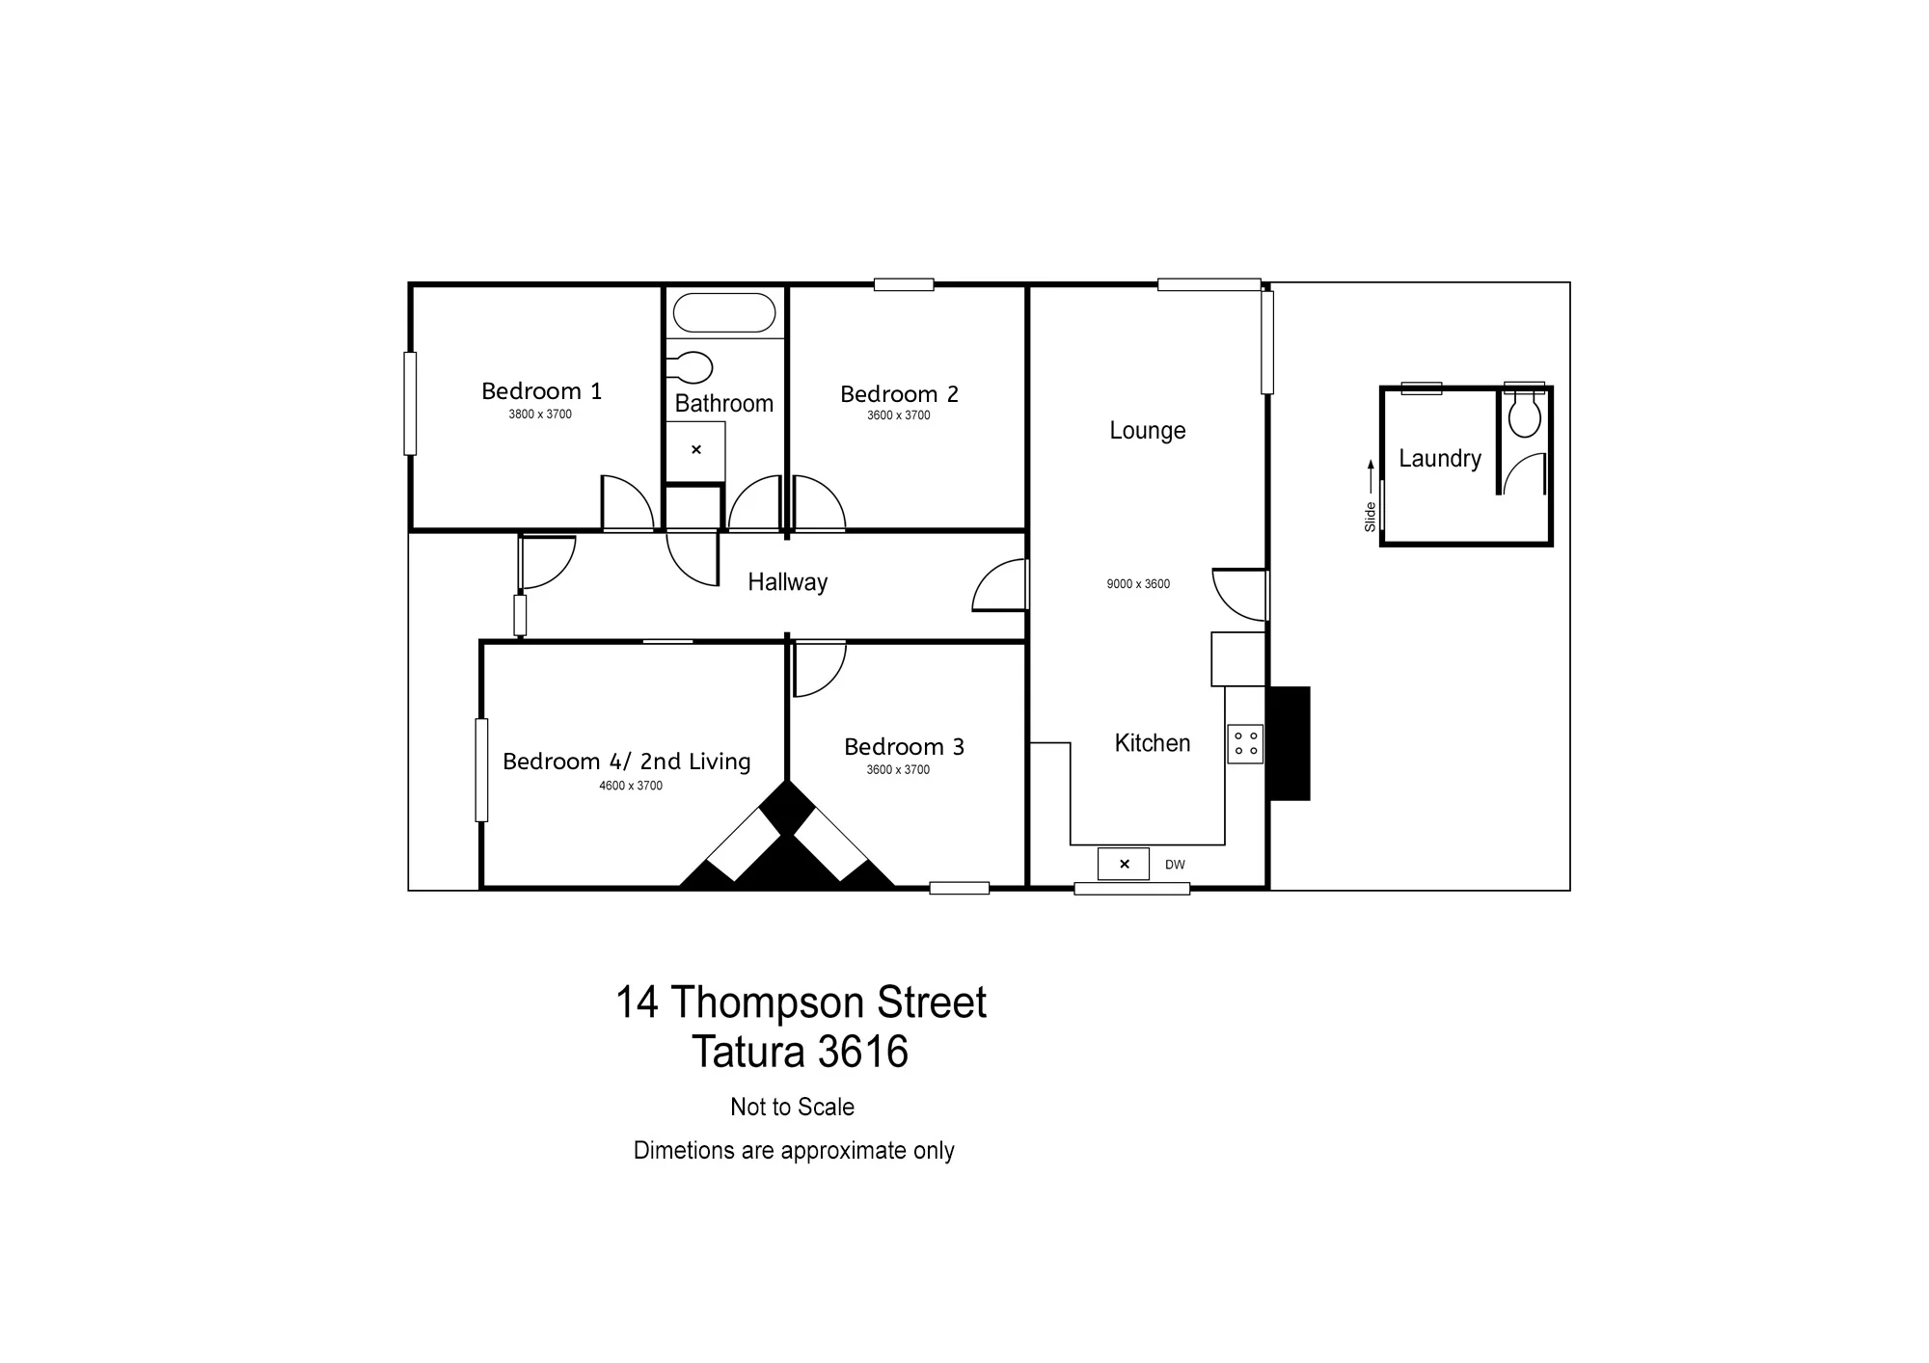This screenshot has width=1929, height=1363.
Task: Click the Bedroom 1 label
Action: (541, 391)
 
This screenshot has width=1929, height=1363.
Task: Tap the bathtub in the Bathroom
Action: (724, 313)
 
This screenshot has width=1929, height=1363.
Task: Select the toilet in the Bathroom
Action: (691, 367)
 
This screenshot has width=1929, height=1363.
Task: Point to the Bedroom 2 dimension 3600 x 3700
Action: (898, 415)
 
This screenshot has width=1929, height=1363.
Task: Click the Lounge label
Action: (1148, 431)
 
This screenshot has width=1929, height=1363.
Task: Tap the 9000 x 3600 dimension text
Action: (1138, 584)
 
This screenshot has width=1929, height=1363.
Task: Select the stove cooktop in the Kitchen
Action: (1245, 744)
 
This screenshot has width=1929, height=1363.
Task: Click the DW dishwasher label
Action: (1175, 865)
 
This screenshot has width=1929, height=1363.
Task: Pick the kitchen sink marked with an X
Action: (1124, 865)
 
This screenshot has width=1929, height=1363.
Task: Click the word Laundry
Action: (1440, 459)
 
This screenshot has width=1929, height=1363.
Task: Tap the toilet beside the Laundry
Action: (1525, 414)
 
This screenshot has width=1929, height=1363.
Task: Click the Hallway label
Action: (788, 582)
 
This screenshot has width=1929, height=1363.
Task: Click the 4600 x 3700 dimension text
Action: (631, 786)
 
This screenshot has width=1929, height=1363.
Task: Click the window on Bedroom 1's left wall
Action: (410, 404)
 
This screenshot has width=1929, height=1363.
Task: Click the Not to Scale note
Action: (792, 1107)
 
